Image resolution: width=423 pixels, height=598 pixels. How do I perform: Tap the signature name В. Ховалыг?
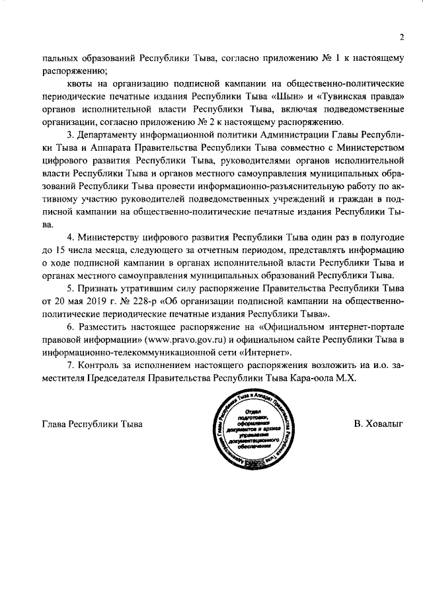coord(377,423)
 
